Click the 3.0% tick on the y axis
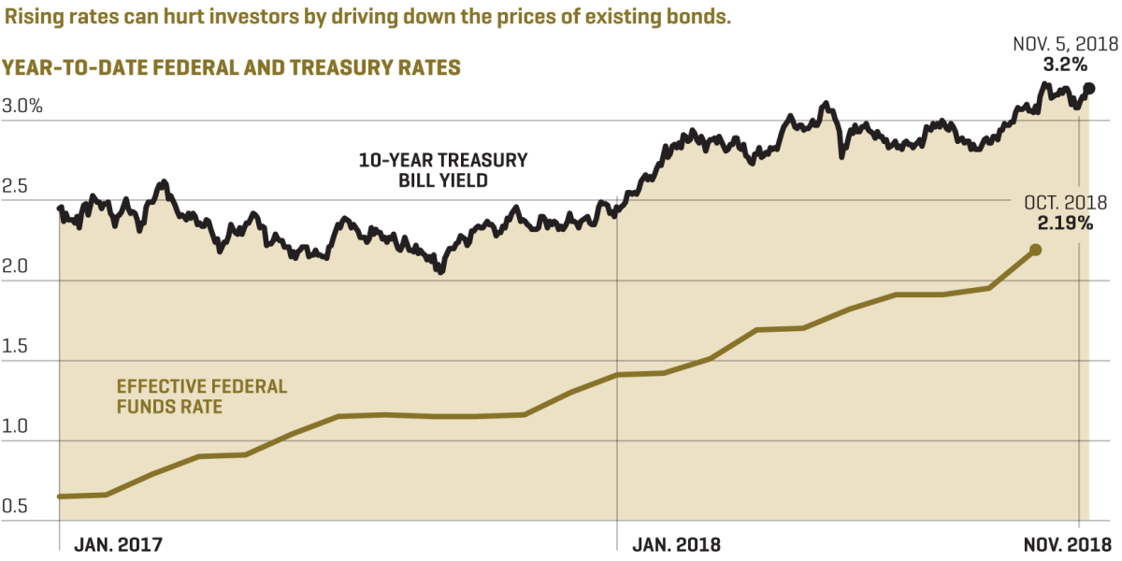pyautogui.click(x=22, y=107)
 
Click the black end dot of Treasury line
pyautogui.click(x=1088, y=89)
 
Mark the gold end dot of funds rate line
pyautogui.click(x=1035, y=250)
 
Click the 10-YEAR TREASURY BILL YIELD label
pyautogui.click(x=443, y=170)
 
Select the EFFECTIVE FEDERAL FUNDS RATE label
pyautogui.click(x=202, y=396)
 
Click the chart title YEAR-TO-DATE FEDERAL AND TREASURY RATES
pyautogui.click(x=231, y=68)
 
